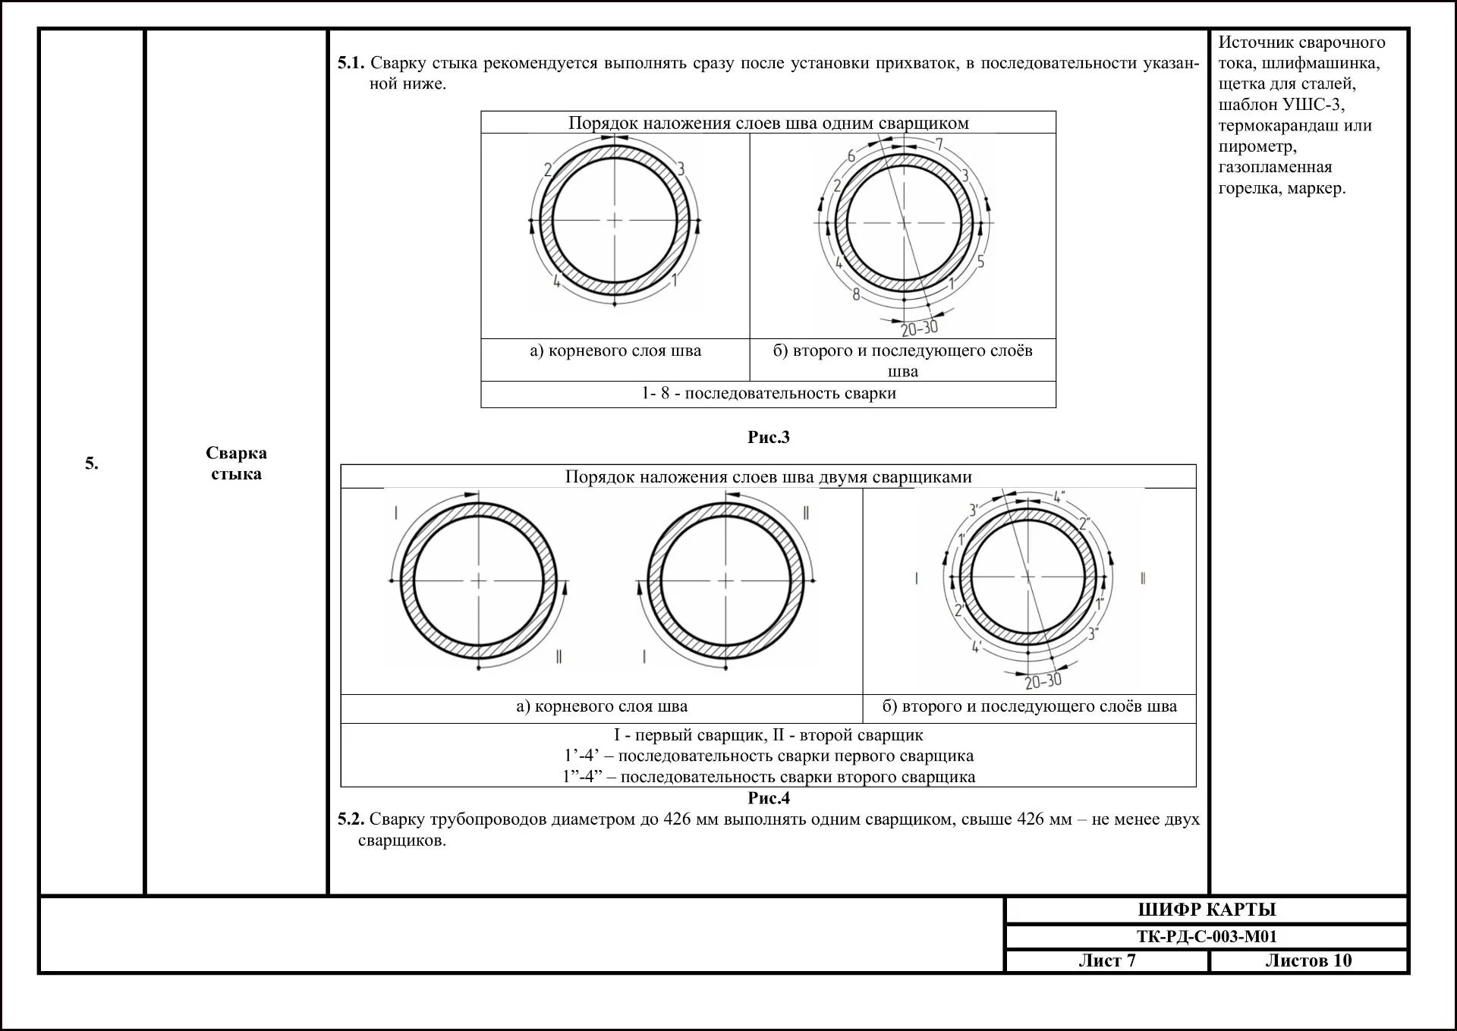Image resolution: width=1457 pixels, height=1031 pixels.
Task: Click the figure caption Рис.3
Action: point(768,437)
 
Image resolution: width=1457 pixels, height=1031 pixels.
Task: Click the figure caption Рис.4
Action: point(768,798)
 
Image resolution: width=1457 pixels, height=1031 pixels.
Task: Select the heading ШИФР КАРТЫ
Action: point(1207,910)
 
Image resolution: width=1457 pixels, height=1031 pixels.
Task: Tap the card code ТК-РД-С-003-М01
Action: point(1207,936)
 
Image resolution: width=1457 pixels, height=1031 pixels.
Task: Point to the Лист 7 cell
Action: point(1106,960)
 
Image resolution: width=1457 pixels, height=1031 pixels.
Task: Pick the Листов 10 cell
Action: point(1308,960)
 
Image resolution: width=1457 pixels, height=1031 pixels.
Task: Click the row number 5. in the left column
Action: point(91,464)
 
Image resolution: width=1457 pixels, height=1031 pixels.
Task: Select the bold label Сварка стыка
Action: point(236,463)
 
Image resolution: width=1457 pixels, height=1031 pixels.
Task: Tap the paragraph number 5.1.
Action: point(351,63)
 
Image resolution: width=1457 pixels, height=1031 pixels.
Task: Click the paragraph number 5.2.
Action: point(351,819)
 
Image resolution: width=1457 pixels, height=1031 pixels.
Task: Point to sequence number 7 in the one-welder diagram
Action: point(939,144)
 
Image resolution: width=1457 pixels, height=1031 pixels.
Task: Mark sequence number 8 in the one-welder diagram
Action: point(857,294)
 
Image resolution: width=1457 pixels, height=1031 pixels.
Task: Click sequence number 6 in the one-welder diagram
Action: point(851,157)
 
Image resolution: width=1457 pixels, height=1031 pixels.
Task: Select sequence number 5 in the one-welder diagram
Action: point(980,262)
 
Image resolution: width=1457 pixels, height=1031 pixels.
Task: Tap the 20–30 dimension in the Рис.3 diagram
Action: point(920,328)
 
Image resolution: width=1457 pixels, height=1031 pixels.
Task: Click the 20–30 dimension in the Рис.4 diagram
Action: point(1043,681)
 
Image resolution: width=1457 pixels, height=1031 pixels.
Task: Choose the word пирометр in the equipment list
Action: point(1257,146)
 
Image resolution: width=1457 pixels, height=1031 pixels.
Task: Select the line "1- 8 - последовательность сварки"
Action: point(768,394)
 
